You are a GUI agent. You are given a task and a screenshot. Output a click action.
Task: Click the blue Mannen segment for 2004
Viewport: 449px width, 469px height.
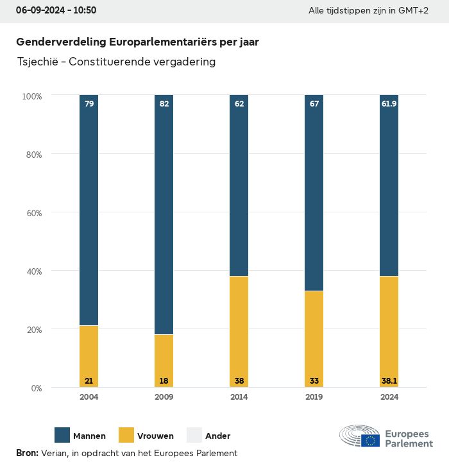tap(89, 212)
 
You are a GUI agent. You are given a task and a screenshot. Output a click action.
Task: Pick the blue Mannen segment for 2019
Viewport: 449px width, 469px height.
tap(314, 192)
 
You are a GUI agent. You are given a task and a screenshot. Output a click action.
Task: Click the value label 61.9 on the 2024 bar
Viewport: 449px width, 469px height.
tap(389, 103)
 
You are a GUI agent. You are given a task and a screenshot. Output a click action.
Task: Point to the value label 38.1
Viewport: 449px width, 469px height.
tap(389, 380)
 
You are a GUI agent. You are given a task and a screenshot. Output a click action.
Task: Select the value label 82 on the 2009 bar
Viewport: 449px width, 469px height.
tap(164, 103)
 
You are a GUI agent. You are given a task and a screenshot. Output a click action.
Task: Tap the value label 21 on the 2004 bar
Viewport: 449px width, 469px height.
tap(89, 380)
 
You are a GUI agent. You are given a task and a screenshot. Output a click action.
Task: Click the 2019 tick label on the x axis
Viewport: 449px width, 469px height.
tap(314, 397)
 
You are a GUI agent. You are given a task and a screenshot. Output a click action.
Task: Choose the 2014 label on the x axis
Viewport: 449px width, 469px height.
tap(239, 397)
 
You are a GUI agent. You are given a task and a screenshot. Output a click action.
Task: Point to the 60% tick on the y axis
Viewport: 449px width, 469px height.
tap(32, 213)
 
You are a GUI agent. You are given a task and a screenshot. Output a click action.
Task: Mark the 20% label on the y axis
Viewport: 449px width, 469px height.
tap(32, 330)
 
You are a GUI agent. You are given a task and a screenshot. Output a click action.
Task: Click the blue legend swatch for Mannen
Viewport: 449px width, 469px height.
tap(62, 435)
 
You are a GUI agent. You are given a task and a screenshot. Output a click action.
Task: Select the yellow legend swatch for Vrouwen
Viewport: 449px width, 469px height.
tap(126, 435)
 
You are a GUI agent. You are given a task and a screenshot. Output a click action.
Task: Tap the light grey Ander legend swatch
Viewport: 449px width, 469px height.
tap(194, 435)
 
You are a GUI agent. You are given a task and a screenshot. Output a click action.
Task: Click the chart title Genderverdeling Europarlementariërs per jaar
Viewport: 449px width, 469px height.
tap(137, 42)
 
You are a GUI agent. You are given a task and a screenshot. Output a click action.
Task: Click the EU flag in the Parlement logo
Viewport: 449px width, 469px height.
tap(370, 440)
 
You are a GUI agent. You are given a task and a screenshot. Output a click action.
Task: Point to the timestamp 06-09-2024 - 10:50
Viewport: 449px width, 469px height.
tap(56, 11)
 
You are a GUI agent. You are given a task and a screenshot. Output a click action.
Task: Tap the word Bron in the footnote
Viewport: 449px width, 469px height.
tap(26, 453)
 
